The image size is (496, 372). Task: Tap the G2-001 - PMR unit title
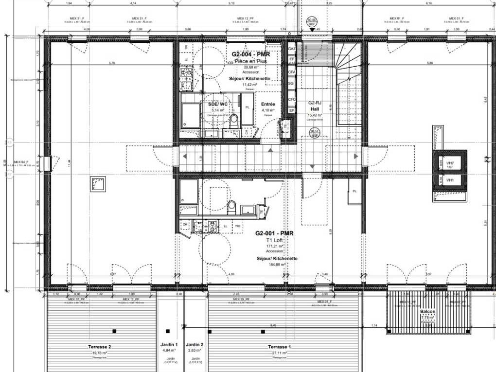(x=275, y=233)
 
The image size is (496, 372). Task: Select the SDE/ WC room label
(x=217, y=104)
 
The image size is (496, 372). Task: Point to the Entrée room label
(x=268, y=104)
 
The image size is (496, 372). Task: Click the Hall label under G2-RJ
(x=315, y=109)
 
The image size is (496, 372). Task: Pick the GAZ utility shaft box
(x=292, y=49)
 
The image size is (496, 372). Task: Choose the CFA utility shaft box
(x=292, y=72)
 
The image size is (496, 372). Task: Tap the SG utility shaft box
(x=292, y=84)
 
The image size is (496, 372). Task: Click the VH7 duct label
(x=450, y=163)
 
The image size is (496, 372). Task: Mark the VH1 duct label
(x=450, y=179)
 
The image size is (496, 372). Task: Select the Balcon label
(x=428, y=312)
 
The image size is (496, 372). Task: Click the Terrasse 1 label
(x=280, y=347)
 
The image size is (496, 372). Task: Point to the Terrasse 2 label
(x=99, y=347)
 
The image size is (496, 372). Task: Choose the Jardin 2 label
(x=195, y=344)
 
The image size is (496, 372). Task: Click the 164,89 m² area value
(x=277, y=265)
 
